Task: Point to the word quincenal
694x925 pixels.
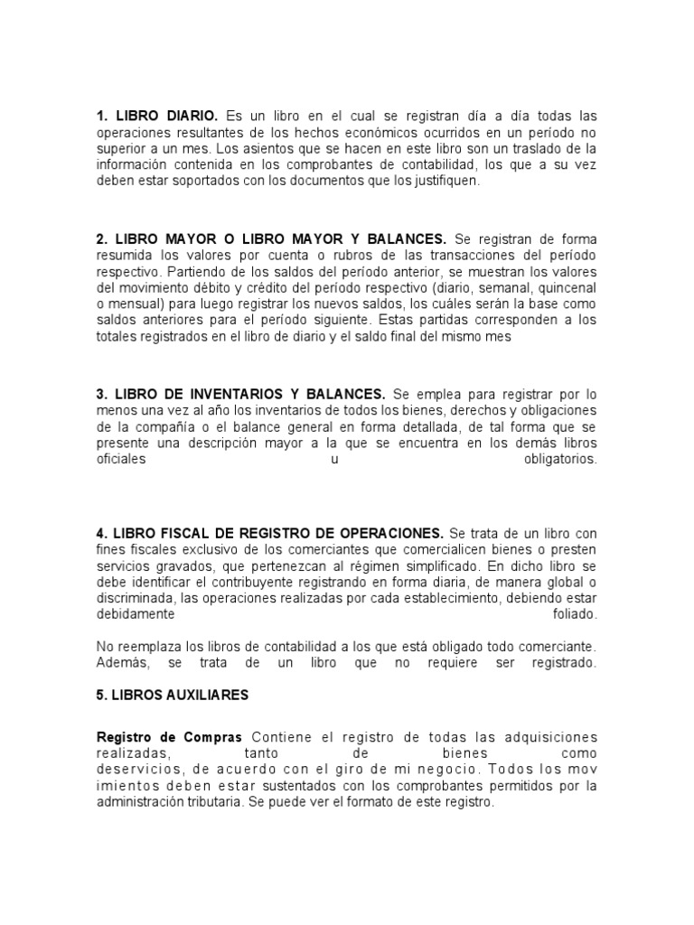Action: [x=567, y=287]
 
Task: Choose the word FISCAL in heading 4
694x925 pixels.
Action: [x=173, y=533]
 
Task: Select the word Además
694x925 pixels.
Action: [x=120, y=663]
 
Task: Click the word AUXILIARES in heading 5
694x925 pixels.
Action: [x=204, y=696]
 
